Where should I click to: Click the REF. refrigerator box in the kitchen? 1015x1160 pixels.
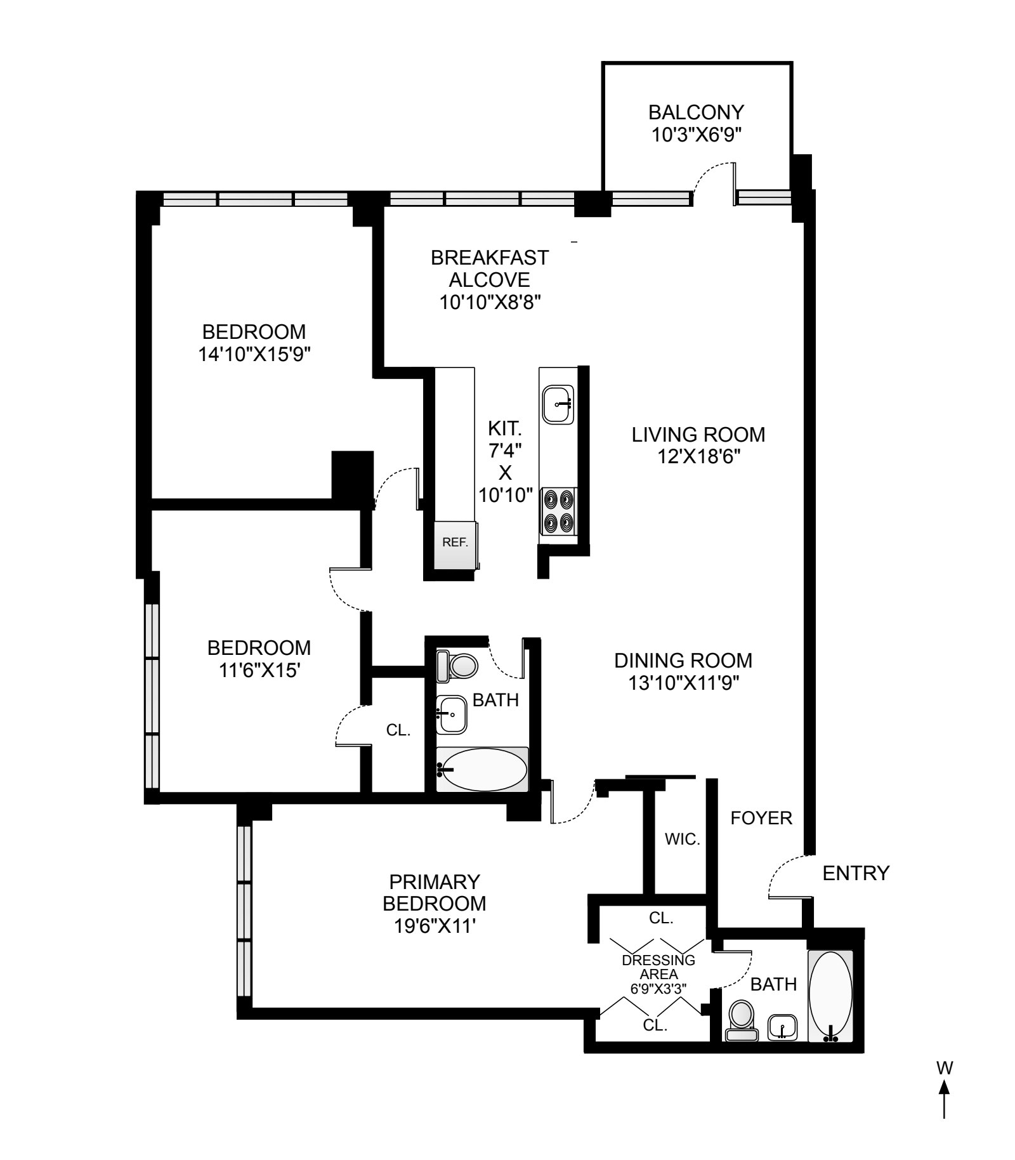tap(455, 546)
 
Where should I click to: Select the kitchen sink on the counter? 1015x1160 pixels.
tap(558, 404)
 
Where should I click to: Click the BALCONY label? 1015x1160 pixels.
tap(696, 112)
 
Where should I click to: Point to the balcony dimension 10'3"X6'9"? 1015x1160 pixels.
tap(696, 135)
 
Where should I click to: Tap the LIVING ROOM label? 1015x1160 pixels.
tap(698, 435)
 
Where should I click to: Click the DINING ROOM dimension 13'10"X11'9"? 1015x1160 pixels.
tap(683, 683)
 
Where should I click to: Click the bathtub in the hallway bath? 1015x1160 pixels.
tap(482, 769)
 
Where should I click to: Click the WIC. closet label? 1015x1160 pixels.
tap(683, 840)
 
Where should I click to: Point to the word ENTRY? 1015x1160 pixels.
tap(856, 874)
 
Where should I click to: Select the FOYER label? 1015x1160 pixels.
tap(761, 818)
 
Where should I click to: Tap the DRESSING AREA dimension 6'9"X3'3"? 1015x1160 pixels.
tap(658, 988)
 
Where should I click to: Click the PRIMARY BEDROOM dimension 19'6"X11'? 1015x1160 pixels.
tap(434, 926)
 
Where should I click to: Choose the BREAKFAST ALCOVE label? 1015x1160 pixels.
tap(489, 269)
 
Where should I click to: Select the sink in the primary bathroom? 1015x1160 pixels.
tap(782, 1027)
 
